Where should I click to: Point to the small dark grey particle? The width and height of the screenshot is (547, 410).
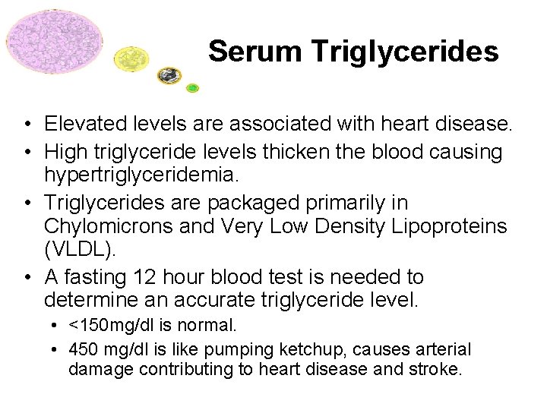(169, 74)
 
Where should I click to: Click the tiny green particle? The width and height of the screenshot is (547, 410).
(193, 88)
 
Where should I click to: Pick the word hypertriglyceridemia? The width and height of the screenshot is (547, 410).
(141, 175)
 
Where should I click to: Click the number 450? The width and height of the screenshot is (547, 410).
(84, 350)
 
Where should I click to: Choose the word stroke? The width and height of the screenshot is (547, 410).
(435, 370)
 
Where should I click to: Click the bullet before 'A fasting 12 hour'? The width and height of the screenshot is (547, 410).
(27, 277)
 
